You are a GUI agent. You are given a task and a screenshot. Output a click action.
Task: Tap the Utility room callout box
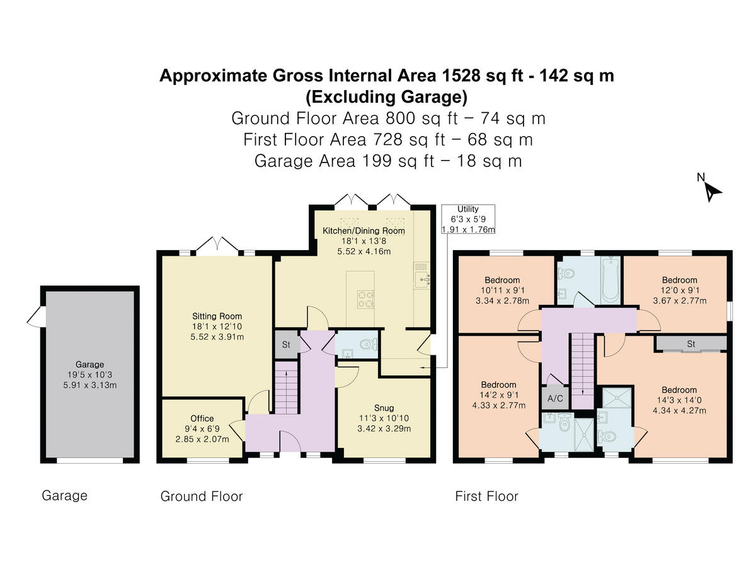(x=468, y=219)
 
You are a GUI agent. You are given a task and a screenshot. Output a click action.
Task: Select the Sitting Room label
(x=217, y=316)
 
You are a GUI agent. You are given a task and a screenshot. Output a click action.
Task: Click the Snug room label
(x=384, y=408)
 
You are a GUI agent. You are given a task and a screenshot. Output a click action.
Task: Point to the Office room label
(x=202, y=418)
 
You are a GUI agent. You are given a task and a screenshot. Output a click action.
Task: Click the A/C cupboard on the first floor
(x=555, y=398)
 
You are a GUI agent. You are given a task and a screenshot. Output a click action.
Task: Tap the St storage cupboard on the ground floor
(x=286, y=345)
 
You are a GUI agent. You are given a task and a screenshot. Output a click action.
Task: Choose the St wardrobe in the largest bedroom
(x=690, y=343)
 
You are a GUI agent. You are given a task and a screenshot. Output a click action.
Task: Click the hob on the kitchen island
(x=365, y=299)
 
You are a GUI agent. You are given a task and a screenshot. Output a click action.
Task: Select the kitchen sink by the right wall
(x=421, y=279)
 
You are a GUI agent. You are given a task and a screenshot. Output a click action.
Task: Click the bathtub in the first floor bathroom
(x=610, y=280)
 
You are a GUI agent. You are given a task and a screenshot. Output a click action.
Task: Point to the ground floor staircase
(x=286, y=387)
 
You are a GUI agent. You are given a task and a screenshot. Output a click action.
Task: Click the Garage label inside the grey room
(x=89, y=364)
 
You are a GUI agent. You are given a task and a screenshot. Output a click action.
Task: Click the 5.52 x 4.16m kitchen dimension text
(x=364, y=251)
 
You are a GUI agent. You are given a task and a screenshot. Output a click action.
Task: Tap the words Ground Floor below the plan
(x=202, y=496)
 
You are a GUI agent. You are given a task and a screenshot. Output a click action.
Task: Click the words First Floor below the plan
(x=486, y=496)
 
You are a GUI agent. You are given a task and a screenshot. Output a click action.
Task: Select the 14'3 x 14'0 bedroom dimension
(x=679, y=400)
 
